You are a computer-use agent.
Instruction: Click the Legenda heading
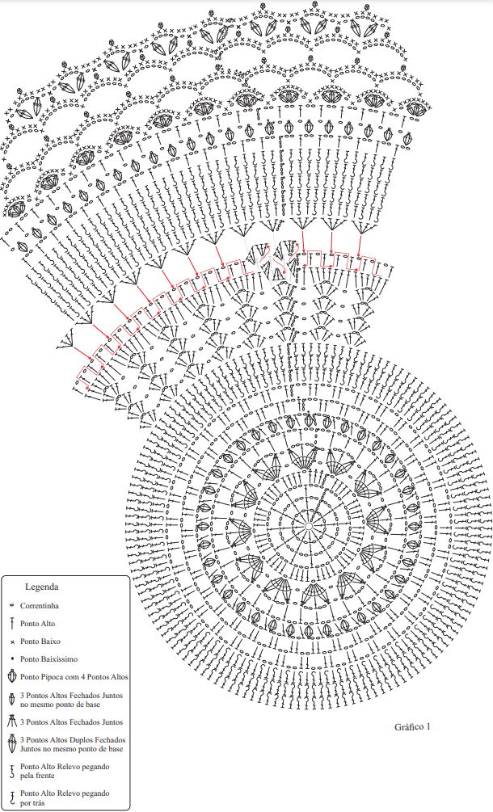[42, 587]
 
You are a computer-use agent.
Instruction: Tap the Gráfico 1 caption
[412, 726]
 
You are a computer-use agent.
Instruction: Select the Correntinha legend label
[40, 605]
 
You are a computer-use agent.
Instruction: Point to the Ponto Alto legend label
[37, 624]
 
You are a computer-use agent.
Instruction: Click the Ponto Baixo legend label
[40, 641]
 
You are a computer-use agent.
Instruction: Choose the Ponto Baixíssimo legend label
[48, 659]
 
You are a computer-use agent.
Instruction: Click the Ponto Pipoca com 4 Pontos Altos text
[74, 677]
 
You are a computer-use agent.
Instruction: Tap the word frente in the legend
[45, 776]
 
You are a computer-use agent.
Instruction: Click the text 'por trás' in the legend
[32, 802]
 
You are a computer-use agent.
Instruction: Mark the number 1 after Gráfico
[428, 726]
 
